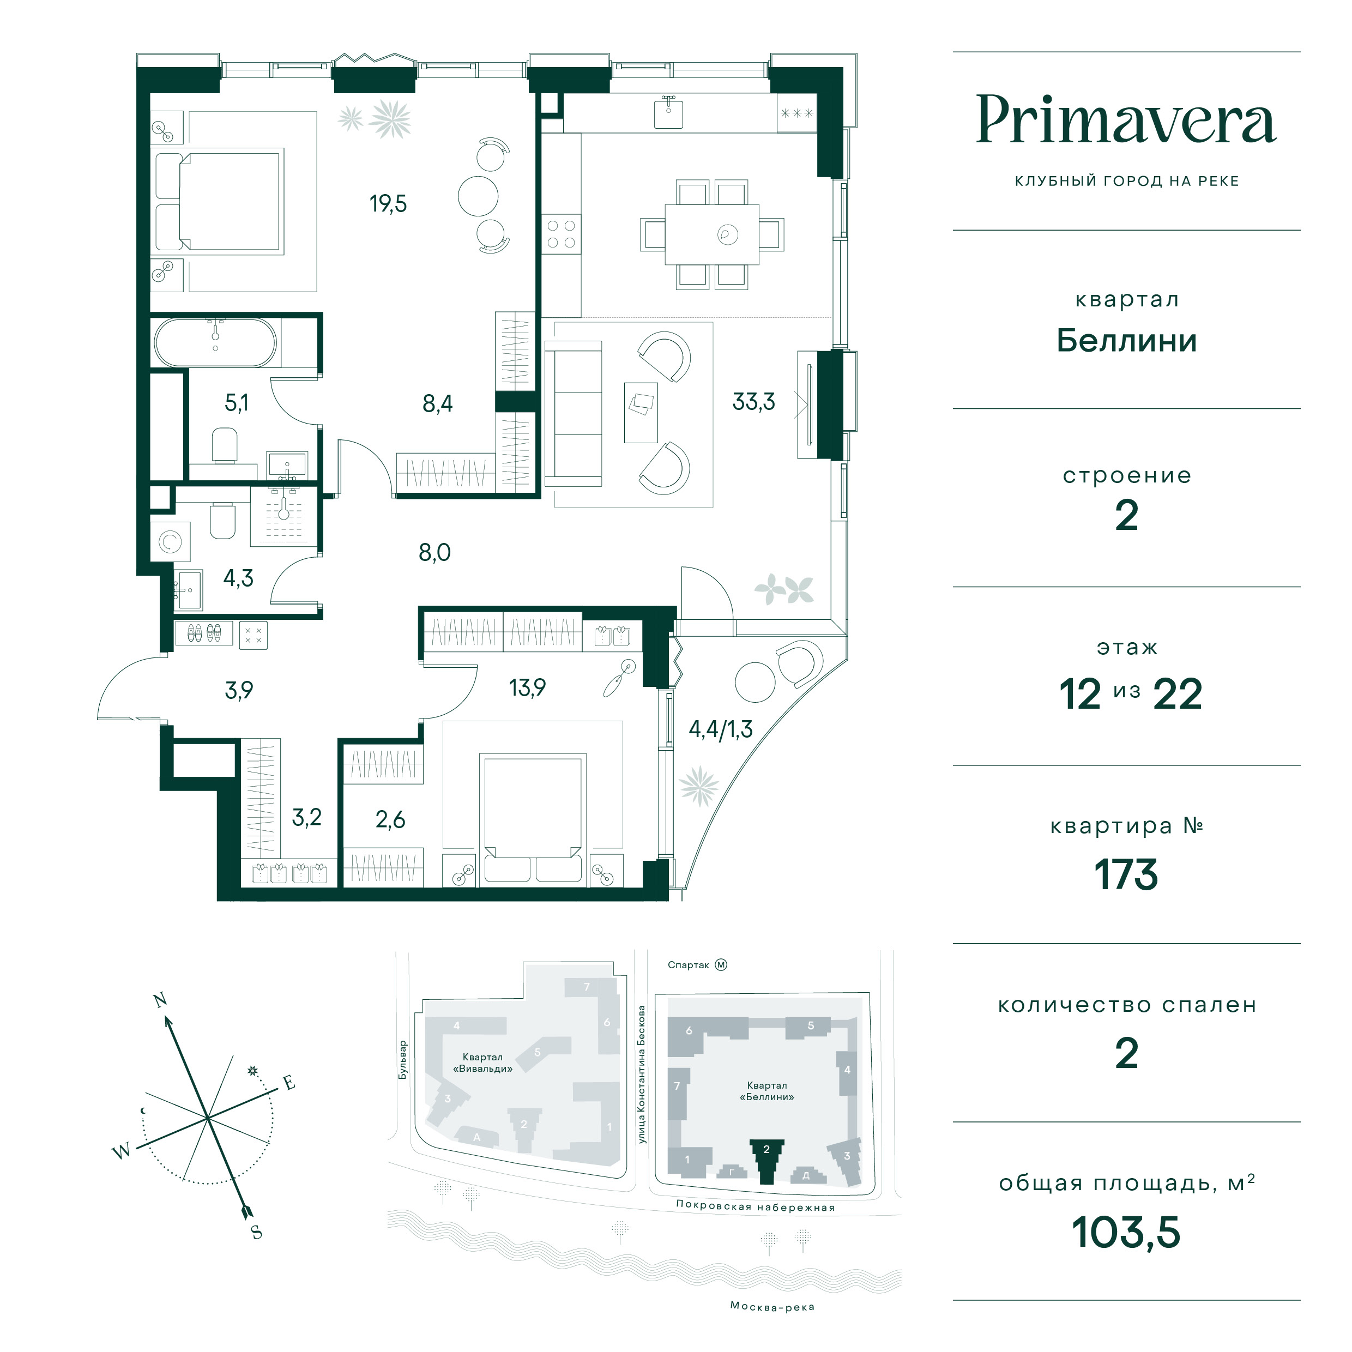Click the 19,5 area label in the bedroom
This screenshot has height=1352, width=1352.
pyautogui.click(x=388, y=204)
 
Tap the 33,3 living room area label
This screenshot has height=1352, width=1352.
pyautogui.click(x=753, y=402)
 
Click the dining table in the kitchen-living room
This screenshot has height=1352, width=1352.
pyautogui.click(x=711, y=234)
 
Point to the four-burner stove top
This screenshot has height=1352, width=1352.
pyautogui.click(x=561, y=234)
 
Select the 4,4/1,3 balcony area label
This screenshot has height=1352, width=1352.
pyautogui.click(x=720, y=729)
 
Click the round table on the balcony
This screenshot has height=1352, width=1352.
pyautogui.click(x=755, y=681)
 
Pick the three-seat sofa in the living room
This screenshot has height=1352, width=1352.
pyautogui.click(x=573, y=414)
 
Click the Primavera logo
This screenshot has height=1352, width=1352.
pyautogui.click(x=1126, y=120)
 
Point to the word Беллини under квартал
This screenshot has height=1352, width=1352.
pyautogui.click(x=1126, y=341)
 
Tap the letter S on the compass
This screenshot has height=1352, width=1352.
pyautogui.click(x=257, y=1232)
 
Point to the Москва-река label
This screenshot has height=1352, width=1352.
pyautogui.click(x=772, y=1307)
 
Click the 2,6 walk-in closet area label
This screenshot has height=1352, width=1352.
pyautogui.click(x=390, y=819)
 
